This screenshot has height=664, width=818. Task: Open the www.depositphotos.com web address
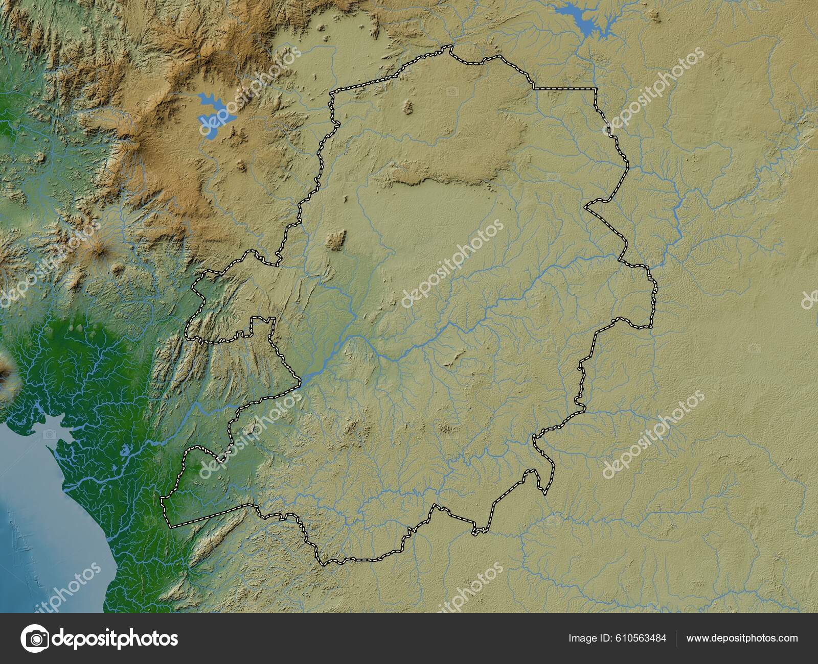pos(742,638)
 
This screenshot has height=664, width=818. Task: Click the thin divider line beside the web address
pos(676,638)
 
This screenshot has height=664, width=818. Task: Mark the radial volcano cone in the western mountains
pos(97,250)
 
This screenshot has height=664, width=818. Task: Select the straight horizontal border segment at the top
pos(565,89)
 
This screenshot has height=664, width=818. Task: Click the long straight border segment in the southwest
pos(210,515)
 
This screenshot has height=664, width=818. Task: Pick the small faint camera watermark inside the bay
pos(50,434)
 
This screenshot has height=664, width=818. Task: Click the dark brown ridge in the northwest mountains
pos(153,153)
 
